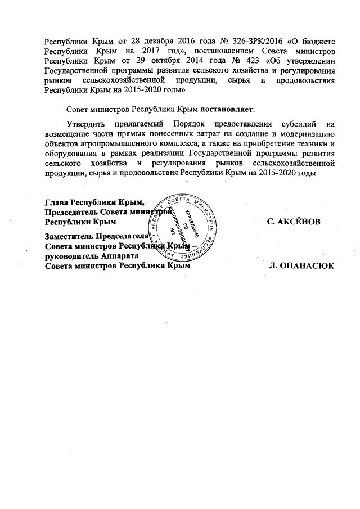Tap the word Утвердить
pos(85,123)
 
